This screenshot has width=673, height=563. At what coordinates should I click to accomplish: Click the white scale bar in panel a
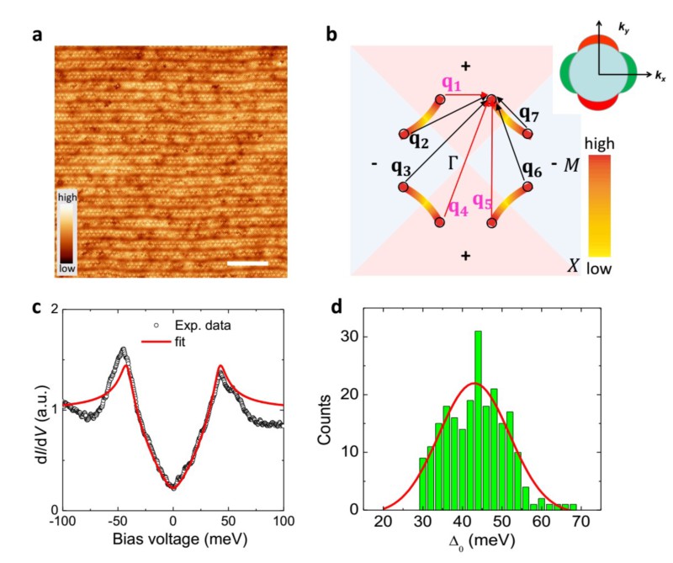[x=248, y=263]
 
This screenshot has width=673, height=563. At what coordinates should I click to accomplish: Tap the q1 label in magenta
[x=452, y=84]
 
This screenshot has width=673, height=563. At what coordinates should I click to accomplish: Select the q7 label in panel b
[x=530, y=113]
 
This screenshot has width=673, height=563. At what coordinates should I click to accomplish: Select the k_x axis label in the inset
[x=661, y=77]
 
